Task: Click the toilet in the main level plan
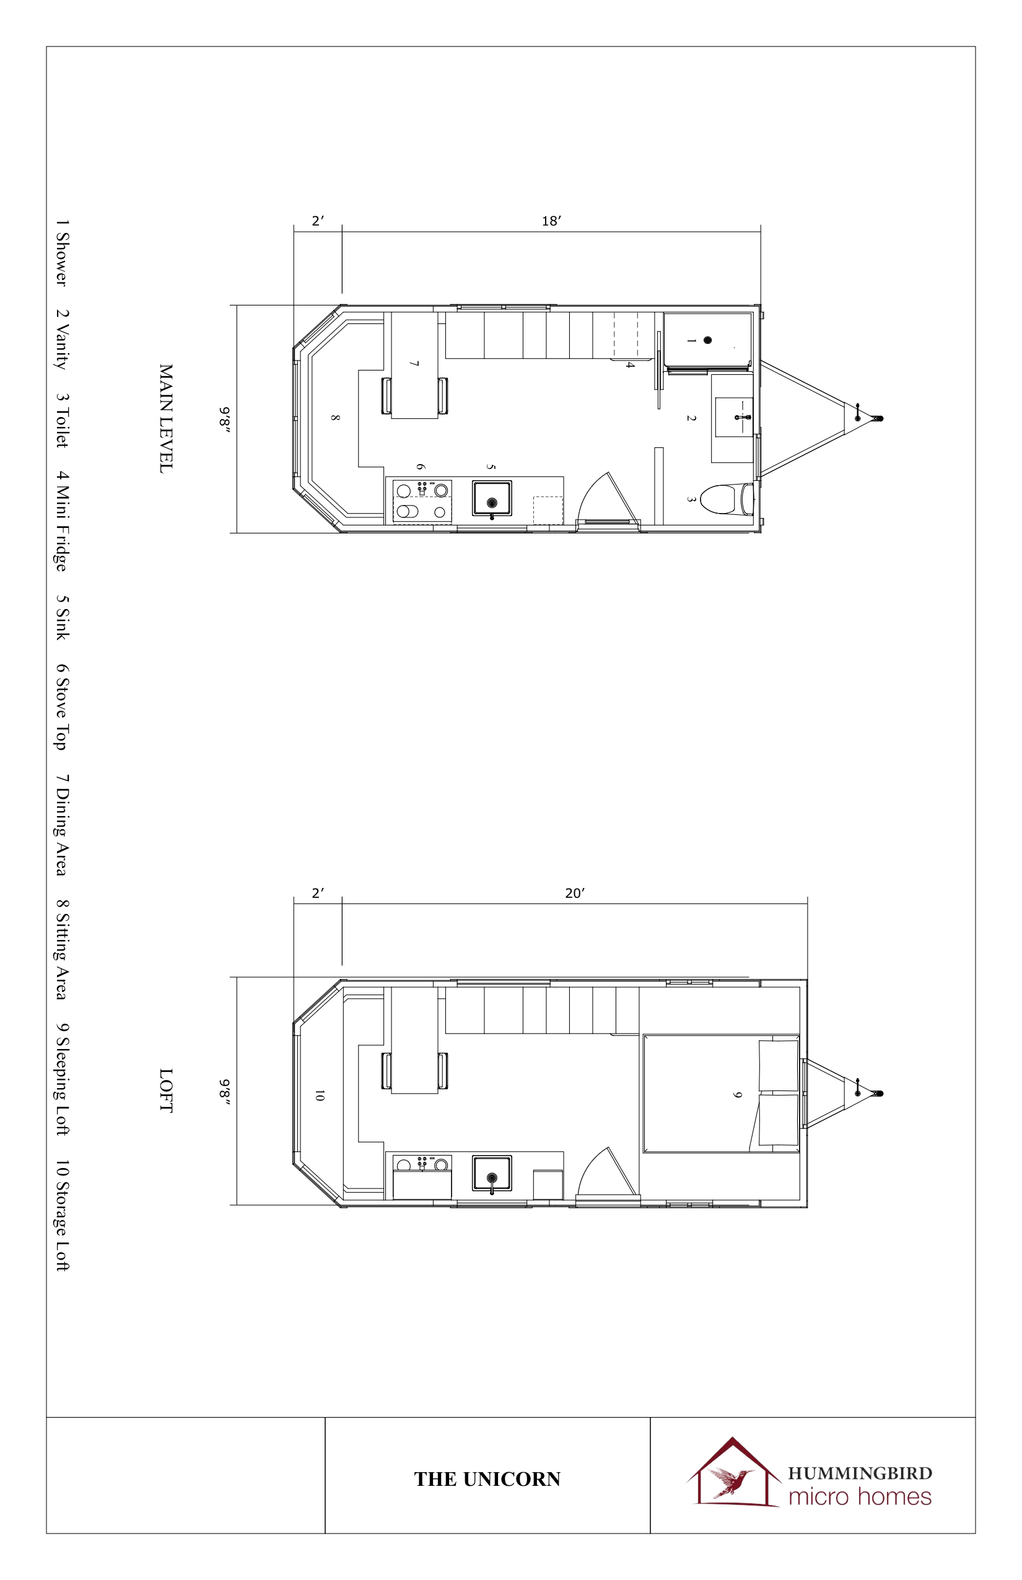(x=727, y=499)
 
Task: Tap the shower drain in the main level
(x=707, y=340)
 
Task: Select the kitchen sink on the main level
(x=492, y=499)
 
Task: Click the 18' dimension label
(x=551, y=221)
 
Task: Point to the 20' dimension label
(x=575, y=893)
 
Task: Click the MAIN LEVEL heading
(x=166, y=418)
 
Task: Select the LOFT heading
(x=166, y=1091)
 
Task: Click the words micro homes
(x=860, y=1496)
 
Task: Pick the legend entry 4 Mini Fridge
(x=62, y=521)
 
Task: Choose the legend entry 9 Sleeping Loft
(x=62, y=1079)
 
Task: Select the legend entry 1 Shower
(x=62, y=253)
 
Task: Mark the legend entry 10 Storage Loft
(x=62, y=1215)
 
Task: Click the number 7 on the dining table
(x=414, y=364)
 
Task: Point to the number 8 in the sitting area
(x=335, y=418)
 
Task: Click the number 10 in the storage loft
(x=319, y=1095)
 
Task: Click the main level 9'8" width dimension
(x=225, y=419)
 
